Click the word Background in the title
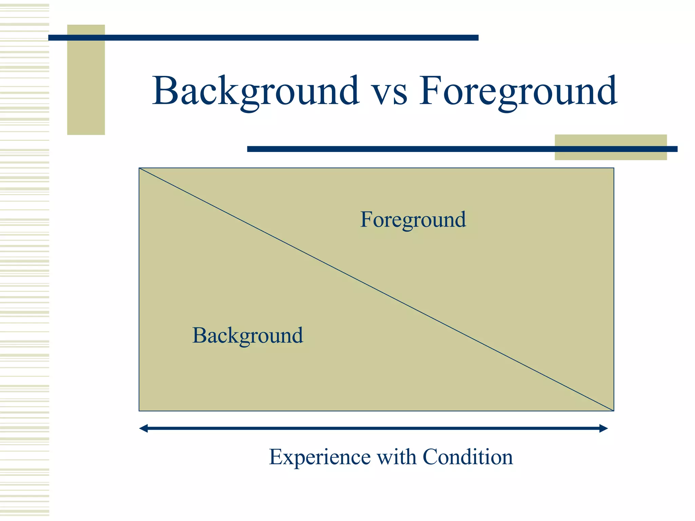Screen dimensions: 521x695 tap(255, 91)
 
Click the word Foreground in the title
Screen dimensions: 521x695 tap(518, 91)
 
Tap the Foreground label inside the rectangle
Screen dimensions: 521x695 tap(413, 220)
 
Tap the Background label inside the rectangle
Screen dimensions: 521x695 tap(247, 335)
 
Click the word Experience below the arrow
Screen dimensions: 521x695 tap(319, 457)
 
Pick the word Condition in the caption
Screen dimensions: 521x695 tap(468, 457)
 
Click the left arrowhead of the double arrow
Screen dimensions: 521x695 tap(144, 428)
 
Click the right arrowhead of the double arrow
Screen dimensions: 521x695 tap(603, 428)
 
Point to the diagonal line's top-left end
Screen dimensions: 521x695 tap(140, 168)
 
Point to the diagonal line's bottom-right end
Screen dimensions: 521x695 tap(613, 411)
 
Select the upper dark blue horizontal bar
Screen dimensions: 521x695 tap(263, 38)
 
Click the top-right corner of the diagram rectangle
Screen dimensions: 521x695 tap(614, 168)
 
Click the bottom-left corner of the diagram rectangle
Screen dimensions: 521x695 tap(139, 411)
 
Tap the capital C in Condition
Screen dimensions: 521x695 tap(430, 457)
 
